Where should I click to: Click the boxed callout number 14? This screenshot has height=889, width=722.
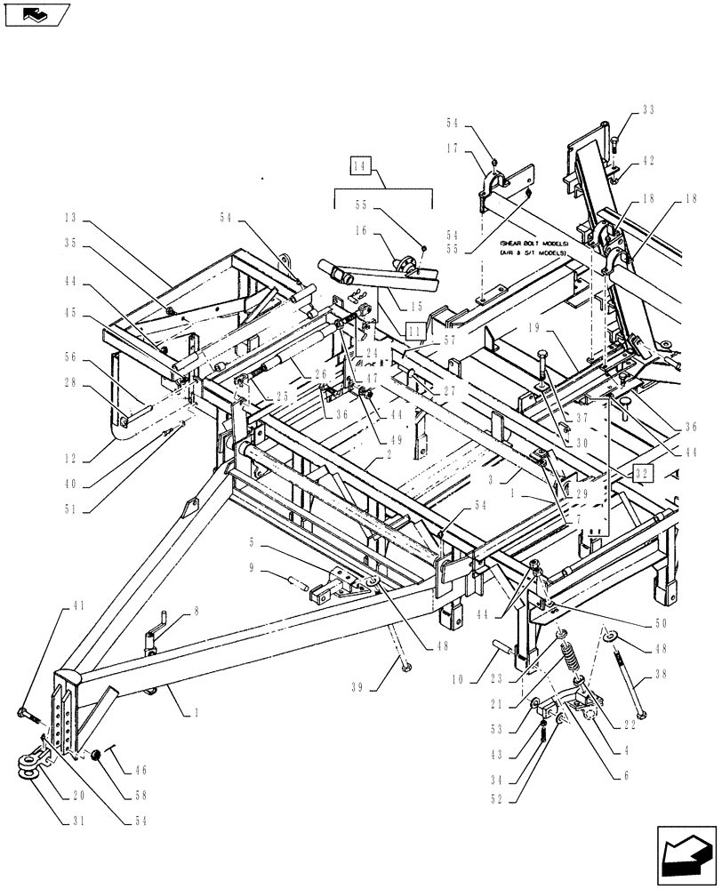click(x=360, y=166)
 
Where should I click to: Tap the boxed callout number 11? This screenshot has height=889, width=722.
click(x=415, y=331)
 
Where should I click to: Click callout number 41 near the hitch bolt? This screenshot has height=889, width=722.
click(x=77, y=605)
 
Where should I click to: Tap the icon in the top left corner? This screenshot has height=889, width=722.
click(x=36, y=13)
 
